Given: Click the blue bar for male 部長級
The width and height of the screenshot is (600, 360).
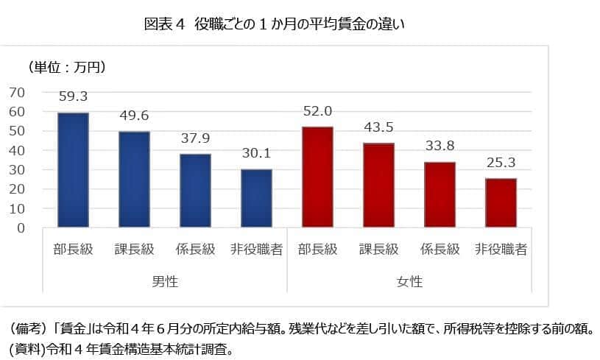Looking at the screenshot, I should [x=73, y=170].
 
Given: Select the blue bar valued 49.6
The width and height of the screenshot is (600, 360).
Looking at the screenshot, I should [x=134, y=180].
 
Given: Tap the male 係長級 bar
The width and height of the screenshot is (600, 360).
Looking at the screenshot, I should [x=195, y=191].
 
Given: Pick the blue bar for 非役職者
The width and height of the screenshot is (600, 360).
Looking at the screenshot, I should [x=256, y=199].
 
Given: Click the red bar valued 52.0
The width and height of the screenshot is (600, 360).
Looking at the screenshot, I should [x=317, y=177].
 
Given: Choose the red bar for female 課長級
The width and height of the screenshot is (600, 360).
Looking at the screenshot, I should [x=378, y=186].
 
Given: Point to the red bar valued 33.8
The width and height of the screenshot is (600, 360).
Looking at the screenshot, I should [x=440, y=195].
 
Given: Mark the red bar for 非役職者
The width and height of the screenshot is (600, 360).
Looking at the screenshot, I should [x=501, y=203].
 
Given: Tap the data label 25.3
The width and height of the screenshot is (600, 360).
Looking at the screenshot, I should [x=501, y=163].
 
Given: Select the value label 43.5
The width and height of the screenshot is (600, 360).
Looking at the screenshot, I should [x=378, y=127].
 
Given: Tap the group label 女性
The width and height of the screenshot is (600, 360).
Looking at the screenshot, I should [x=409, y=282].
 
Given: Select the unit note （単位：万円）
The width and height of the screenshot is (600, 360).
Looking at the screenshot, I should [x=67, y=68].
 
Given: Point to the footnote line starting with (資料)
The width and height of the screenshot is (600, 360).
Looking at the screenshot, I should [x=122, y=345].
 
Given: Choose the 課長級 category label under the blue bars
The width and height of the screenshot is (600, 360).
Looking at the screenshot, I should [x=134, y=249].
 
